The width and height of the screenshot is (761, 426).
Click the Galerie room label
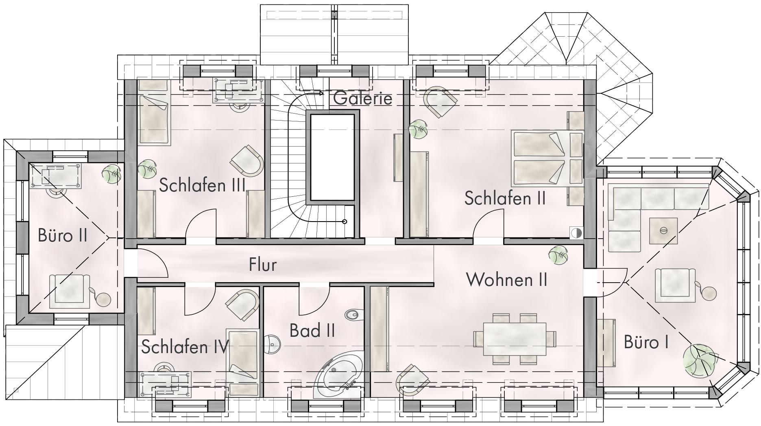point(363,99)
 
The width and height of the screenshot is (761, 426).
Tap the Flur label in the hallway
point(263,265)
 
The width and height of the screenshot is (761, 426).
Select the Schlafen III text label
point(202,185)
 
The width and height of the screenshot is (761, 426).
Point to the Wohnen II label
point(507,280)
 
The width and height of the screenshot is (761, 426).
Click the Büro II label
point(63,235)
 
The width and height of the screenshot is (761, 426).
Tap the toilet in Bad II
point(352,314)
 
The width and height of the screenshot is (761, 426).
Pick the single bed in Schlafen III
point(153,112)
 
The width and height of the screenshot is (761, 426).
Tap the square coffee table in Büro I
point(663,231)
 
